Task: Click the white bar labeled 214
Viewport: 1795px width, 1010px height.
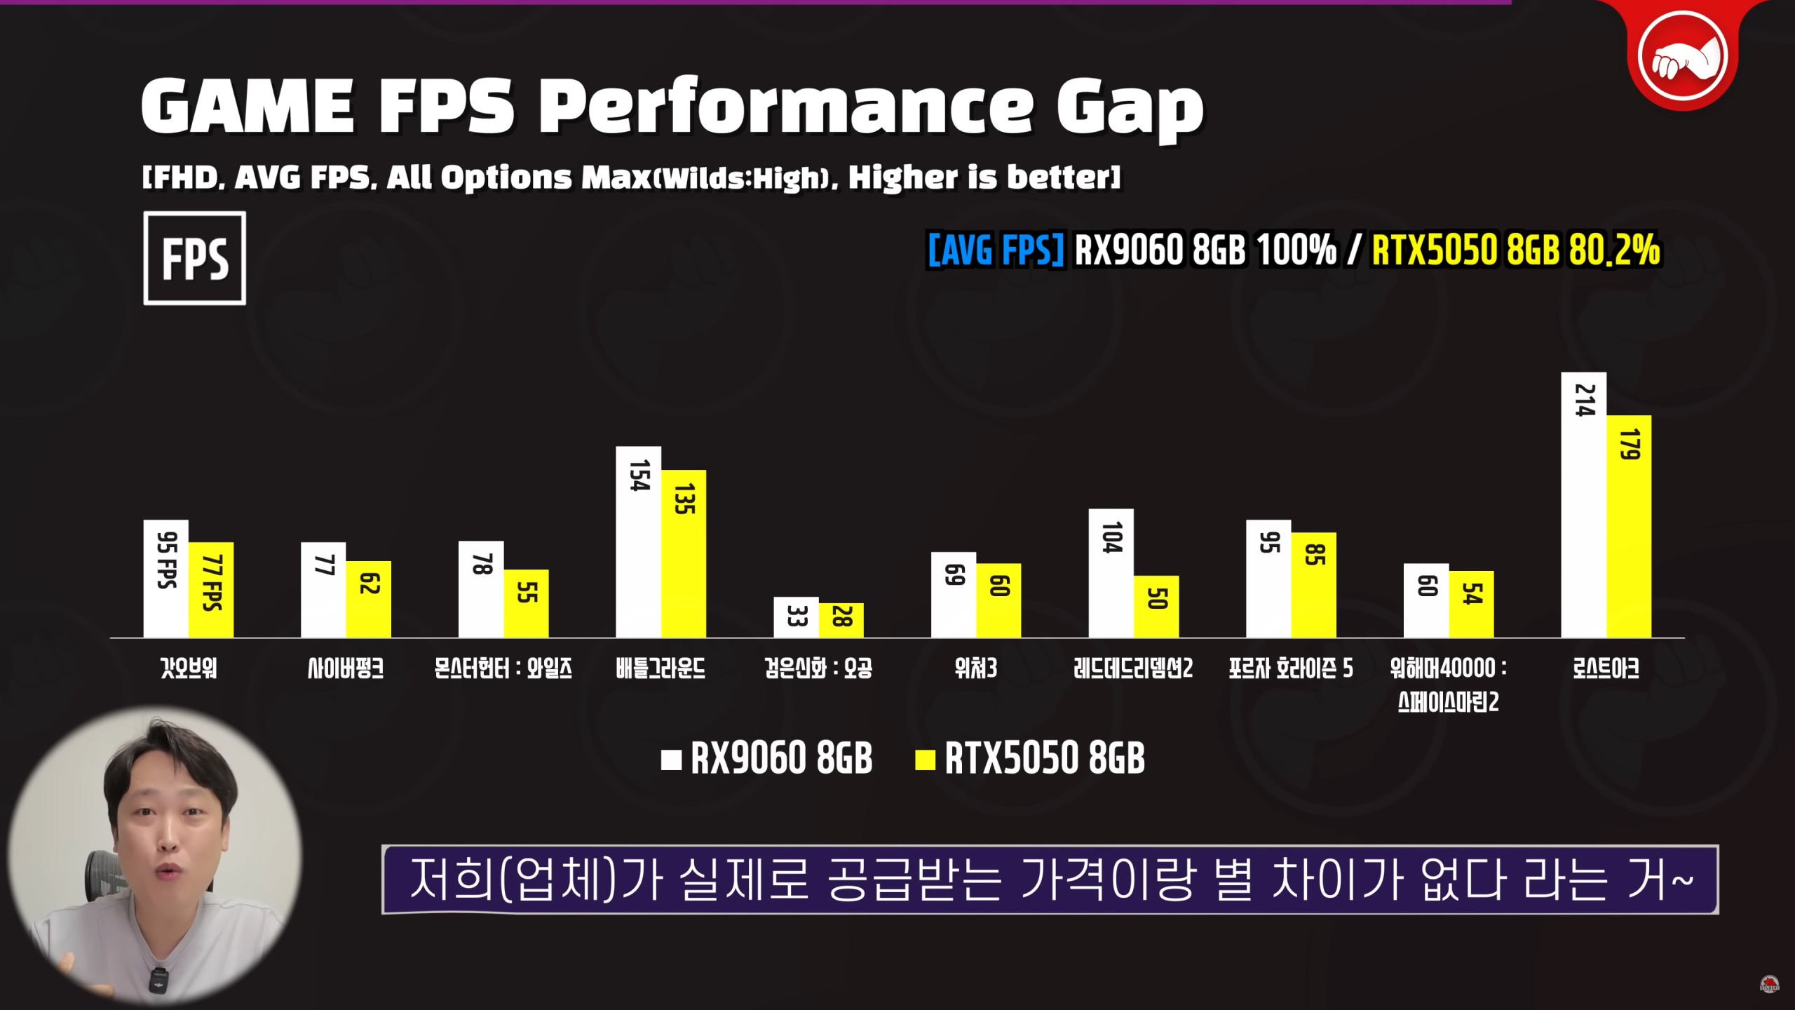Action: click(x=1583, y=505)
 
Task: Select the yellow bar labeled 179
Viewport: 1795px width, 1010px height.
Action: click(x=1629, y=526)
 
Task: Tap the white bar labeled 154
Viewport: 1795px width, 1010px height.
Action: click(x=638, y=541)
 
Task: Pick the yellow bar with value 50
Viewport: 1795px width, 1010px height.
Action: click(x=1156, y=607)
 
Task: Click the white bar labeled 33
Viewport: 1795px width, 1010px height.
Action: click(x=796, y=617)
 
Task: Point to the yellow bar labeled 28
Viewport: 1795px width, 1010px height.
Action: click(x=841, y=620)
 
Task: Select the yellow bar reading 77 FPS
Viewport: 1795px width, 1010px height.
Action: click(x=211, y=589)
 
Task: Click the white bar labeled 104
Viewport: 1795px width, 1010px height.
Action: click(x=1111, y=573)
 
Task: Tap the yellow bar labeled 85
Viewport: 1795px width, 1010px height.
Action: click(x=1313, y=585)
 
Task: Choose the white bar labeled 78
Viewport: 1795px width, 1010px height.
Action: click(x=481, y=589)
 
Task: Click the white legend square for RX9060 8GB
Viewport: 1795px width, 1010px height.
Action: click(x=671, y=760)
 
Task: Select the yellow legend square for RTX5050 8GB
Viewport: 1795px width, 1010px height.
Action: click(x=925, y=760)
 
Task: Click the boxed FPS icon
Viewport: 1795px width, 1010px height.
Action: click(x=195, y=258)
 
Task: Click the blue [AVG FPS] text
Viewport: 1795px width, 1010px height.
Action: click(x=995, y=250)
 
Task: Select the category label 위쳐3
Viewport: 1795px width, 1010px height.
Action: click(x=975, y=668)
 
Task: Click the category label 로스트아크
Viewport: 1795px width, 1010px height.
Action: click(x=1606, y=668)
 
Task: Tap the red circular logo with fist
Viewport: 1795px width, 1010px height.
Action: click(x=1681, y=56)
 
